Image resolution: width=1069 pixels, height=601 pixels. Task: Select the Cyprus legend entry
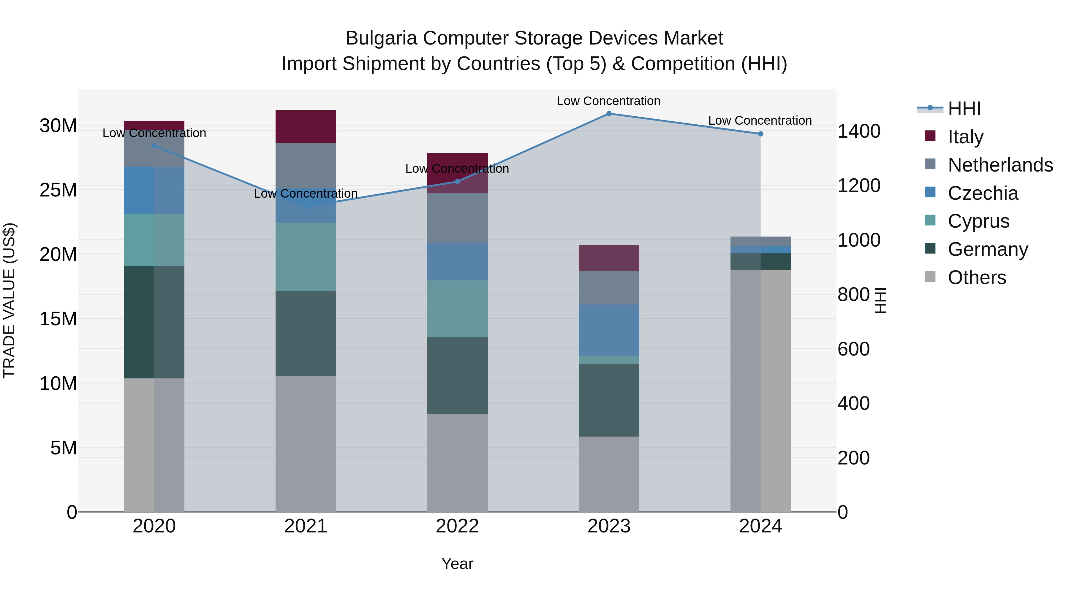pos(978,221)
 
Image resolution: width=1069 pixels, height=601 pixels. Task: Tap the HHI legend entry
pos(964,109)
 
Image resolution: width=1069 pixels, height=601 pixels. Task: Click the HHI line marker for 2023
pos(609,114)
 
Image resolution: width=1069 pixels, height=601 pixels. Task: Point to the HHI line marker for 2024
pos(760,134)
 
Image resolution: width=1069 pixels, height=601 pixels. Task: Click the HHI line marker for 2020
pos(154,146)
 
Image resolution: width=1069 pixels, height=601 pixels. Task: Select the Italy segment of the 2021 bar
pos(306,126)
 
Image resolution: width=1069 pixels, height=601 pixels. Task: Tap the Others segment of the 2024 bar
pos(760,390)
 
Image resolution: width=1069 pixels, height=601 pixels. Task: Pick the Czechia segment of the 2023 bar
pos(609,330)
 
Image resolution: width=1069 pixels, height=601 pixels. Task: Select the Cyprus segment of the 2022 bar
pos(457,309)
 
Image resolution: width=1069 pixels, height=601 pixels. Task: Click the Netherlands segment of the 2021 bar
pos(306,166)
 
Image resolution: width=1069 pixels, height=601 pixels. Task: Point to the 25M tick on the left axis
pos(58,190)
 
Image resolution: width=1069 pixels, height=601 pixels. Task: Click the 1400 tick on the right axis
pos(858,131)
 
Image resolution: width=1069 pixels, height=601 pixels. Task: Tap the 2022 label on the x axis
pos(457,526)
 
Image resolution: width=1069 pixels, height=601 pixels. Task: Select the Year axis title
pos(457,564)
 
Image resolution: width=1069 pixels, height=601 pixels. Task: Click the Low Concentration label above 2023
pos(608,101)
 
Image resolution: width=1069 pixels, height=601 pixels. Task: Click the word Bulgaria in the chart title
pos(381,38)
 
